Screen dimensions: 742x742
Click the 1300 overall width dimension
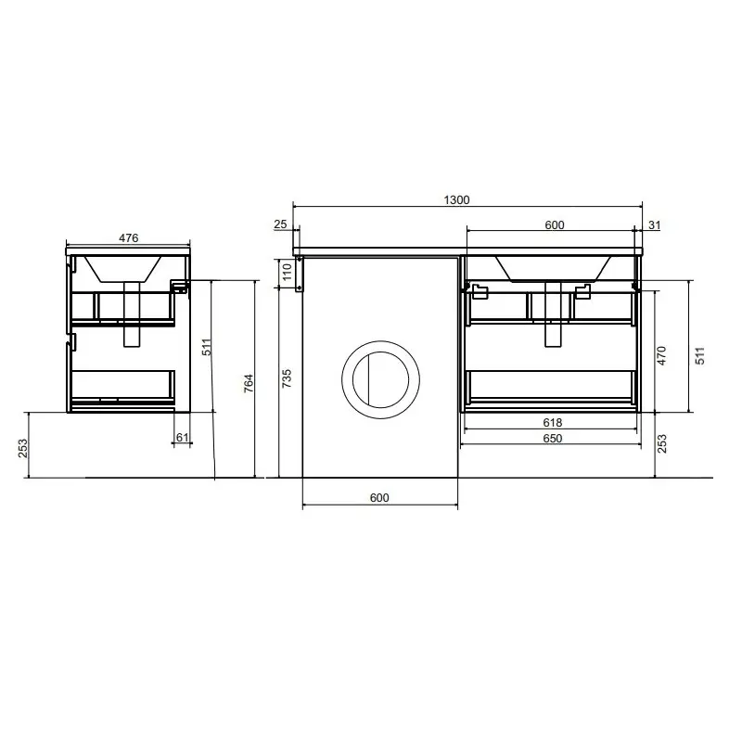pyautogui.click(x=456, y=200)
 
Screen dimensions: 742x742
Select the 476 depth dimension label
pyautogui.click(x=128, y=238)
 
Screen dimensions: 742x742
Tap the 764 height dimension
pyautogui.click(x=249, y=383)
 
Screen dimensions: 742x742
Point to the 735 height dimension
pyautogui.click(x=287, y=378)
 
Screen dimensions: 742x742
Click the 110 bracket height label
pyautogui.click(x=288, y=272)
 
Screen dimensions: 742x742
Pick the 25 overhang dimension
pyautogui.click(x=280, y=224)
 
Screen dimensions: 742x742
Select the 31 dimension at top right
pyautogui.click(x=654, y=225)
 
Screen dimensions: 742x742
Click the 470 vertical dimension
pyautogui.click(x=661, y=355)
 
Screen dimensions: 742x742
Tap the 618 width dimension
pyautogui.click(x=552, y=422)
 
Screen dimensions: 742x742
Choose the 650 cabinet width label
pyautogui.click(x=552, y=438)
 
